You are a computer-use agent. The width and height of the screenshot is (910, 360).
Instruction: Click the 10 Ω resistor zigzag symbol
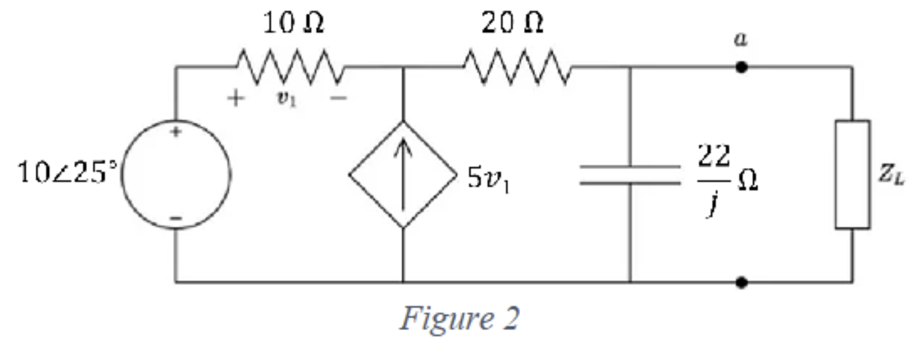tap(289, 67)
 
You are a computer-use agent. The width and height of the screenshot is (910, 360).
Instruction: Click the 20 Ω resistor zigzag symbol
tap(516, 67)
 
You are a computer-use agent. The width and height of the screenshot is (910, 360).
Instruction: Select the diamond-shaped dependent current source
tap(402, 174)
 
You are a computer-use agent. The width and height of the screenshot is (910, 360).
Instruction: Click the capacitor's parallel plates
tap(630, 174)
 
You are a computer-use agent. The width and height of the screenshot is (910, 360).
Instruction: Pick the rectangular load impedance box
tap(852, 174)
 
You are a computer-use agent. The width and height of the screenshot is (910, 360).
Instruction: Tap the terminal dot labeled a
tap(741, 67)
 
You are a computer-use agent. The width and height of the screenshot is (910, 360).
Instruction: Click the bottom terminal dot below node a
tap(741, 282)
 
